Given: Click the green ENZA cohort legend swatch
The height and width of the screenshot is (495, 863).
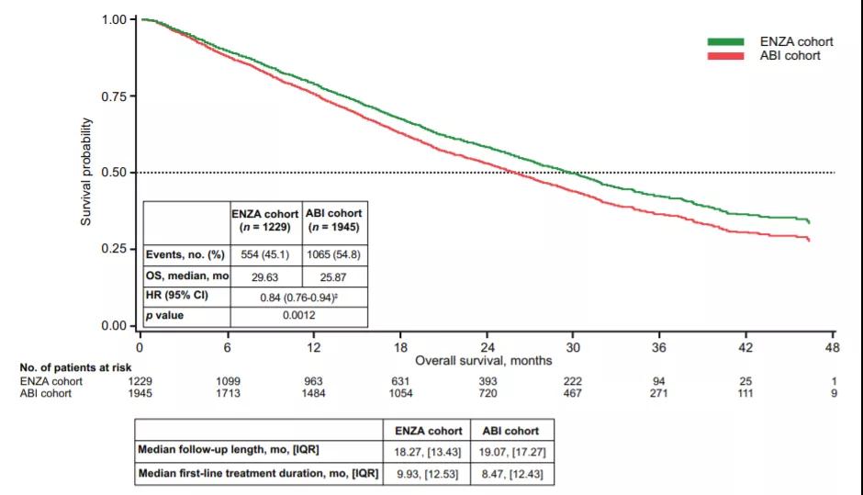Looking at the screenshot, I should tap(725, 42).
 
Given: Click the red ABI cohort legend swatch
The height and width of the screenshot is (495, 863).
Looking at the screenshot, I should tap(725, 56).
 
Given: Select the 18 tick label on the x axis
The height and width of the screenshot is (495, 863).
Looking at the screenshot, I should tap(400, 347).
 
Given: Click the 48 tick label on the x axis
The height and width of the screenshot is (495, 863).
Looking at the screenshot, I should tap(834, 347).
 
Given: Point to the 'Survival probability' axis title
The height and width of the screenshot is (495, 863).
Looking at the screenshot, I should tap(87, 173).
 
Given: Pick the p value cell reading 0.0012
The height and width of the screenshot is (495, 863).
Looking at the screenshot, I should tap(299, 316).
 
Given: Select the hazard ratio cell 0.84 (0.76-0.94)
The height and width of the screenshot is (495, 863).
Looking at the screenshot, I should tap(299, 296).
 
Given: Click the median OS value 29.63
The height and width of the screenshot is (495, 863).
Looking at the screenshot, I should tap(265, 275).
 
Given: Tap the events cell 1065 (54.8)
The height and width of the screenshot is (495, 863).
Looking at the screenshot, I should tap(333, 253).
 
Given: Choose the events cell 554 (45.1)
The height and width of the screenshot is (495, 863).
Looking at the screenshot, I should tap(265, 253).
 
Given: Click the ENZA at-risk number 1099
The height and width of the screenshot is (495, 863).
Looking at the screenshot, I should tap(227, 381).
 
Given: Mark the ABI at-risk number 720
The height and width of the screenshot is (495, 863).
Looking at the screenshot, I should tap(487, 393).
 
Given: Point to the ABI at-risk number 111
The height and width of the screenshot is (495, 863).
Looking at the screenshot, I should tap(747, 393).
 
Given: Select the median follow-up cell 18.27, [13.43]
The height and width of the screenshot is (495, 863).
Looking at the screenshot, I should tap(425, 452).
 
